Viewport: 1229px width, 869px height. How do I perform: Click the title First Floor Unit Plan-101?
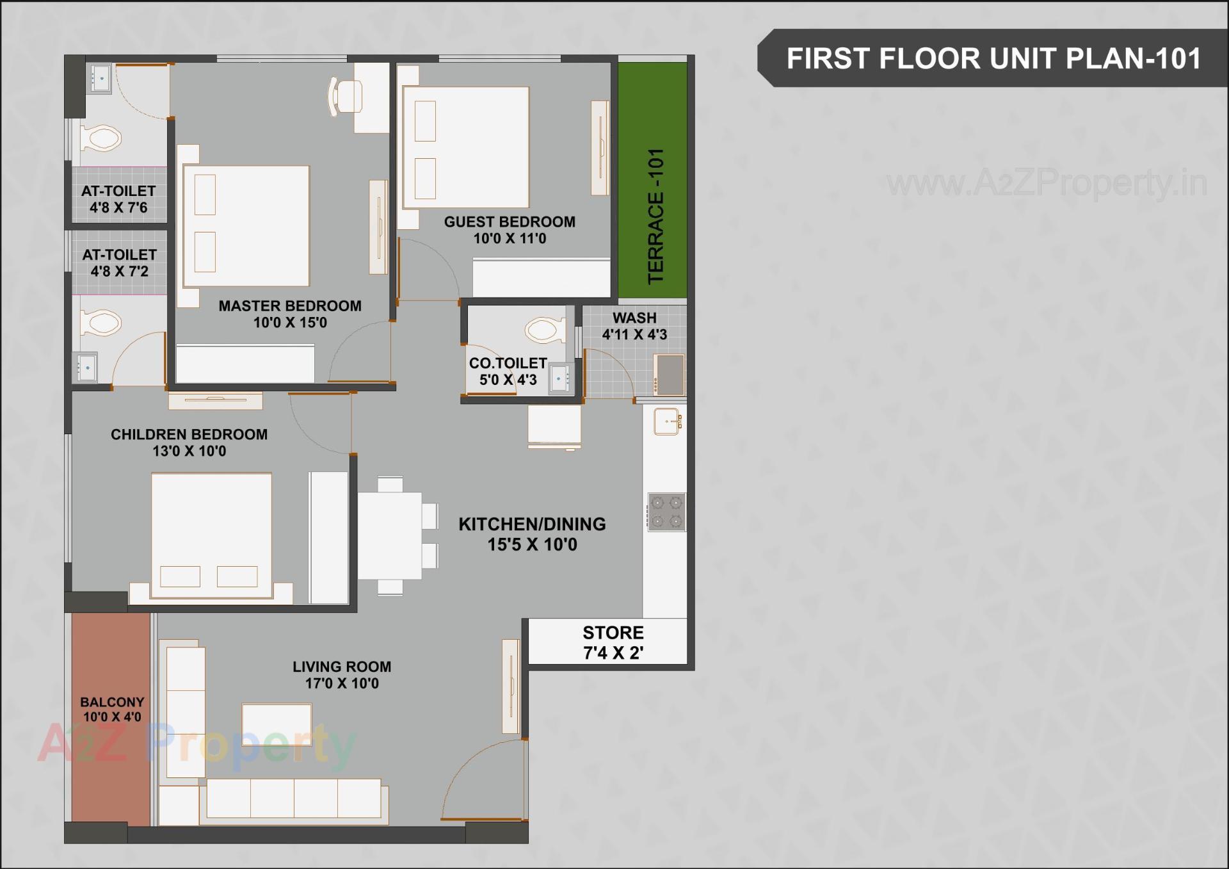993,58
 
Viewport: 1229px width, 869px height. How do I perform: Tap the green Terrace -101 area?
652,179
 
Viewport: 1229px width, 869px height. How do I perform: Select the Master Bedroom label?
290,306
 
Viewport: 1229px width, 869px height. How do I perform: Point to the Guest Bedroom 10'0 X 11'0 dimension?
510,239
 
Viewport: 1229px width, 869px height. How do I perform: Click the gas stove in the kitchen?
666,512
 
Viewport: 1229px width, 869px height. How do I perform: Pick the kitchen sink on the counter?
667,422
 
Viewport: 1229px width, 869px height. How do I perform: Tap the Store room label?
613,633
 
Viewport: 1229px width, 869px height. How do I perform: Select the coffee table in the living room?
277,725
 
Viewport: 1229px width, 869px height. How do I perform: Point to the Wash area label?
634,318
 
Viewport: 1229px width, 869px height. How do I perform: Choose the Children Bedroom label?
189,435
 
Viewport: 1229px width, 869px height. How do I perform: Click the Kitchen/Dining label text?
532,524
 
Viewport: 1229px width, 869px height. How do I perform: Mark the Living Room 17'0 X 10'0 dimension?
342,683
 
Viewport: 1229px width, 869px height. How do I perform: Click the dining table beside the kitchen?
390,535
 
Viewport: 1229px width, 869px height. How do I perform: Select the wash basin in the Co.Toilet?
560,378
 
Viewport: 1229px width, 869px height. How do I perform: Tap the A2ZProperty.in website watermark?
1047,184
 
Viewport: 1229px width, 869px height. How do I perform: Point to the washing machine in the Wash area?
669,375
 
